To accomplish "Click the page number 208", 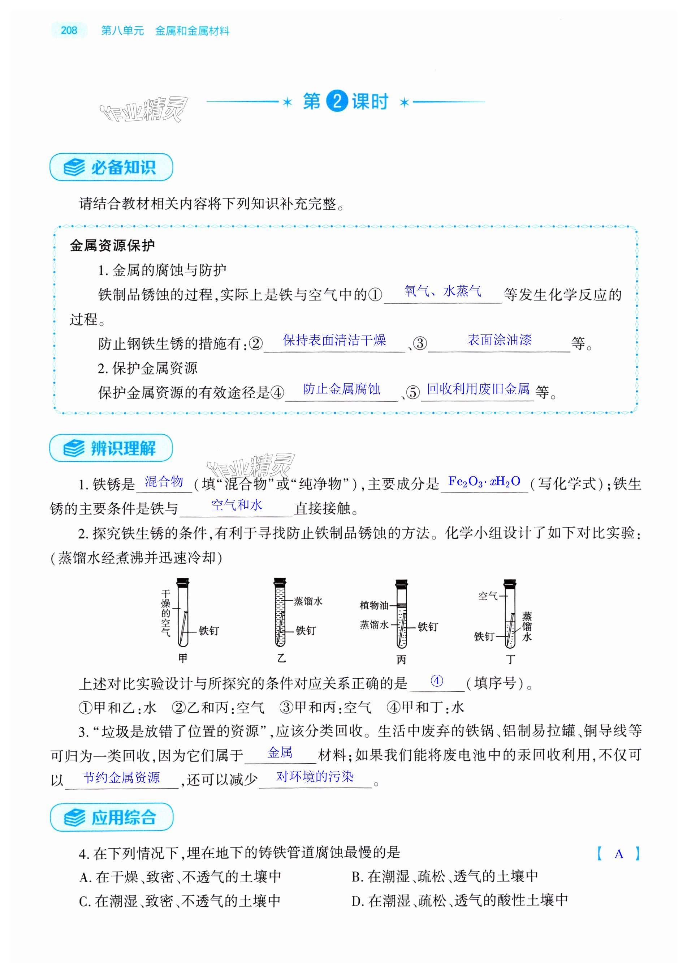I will (x=69, y=30).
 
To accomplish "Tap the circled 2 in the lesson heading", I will (x=337, y=102).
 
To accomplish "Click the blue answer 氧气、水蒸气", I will (x=442, y=291).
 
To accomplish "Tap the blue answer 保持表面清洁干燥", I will (x=334, y=340).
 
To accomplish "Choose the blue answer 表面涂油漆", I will (x=499, y=340).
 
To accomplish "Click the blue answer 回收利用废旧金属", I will (x=478, y=389).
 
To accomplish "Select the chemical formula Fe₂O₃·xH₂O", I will (x=484, y=482).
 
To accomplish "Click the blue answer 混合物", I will (x=164, y=482).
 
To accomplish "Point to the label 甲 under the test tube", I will (x=183, y=658).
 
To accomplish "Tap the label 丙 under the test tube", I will (x=401, y=660).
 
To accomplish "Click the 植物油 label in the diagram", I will (x=374, y=605).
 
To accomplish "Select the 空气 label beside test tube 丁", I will (x=488, y=596).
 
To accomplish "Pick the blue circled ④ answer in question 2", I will (x=436, y=681).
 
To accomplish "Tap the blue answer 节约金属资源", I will (x=121, y=778).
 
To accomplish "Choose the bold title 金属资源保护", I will (x=112, y=246).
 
